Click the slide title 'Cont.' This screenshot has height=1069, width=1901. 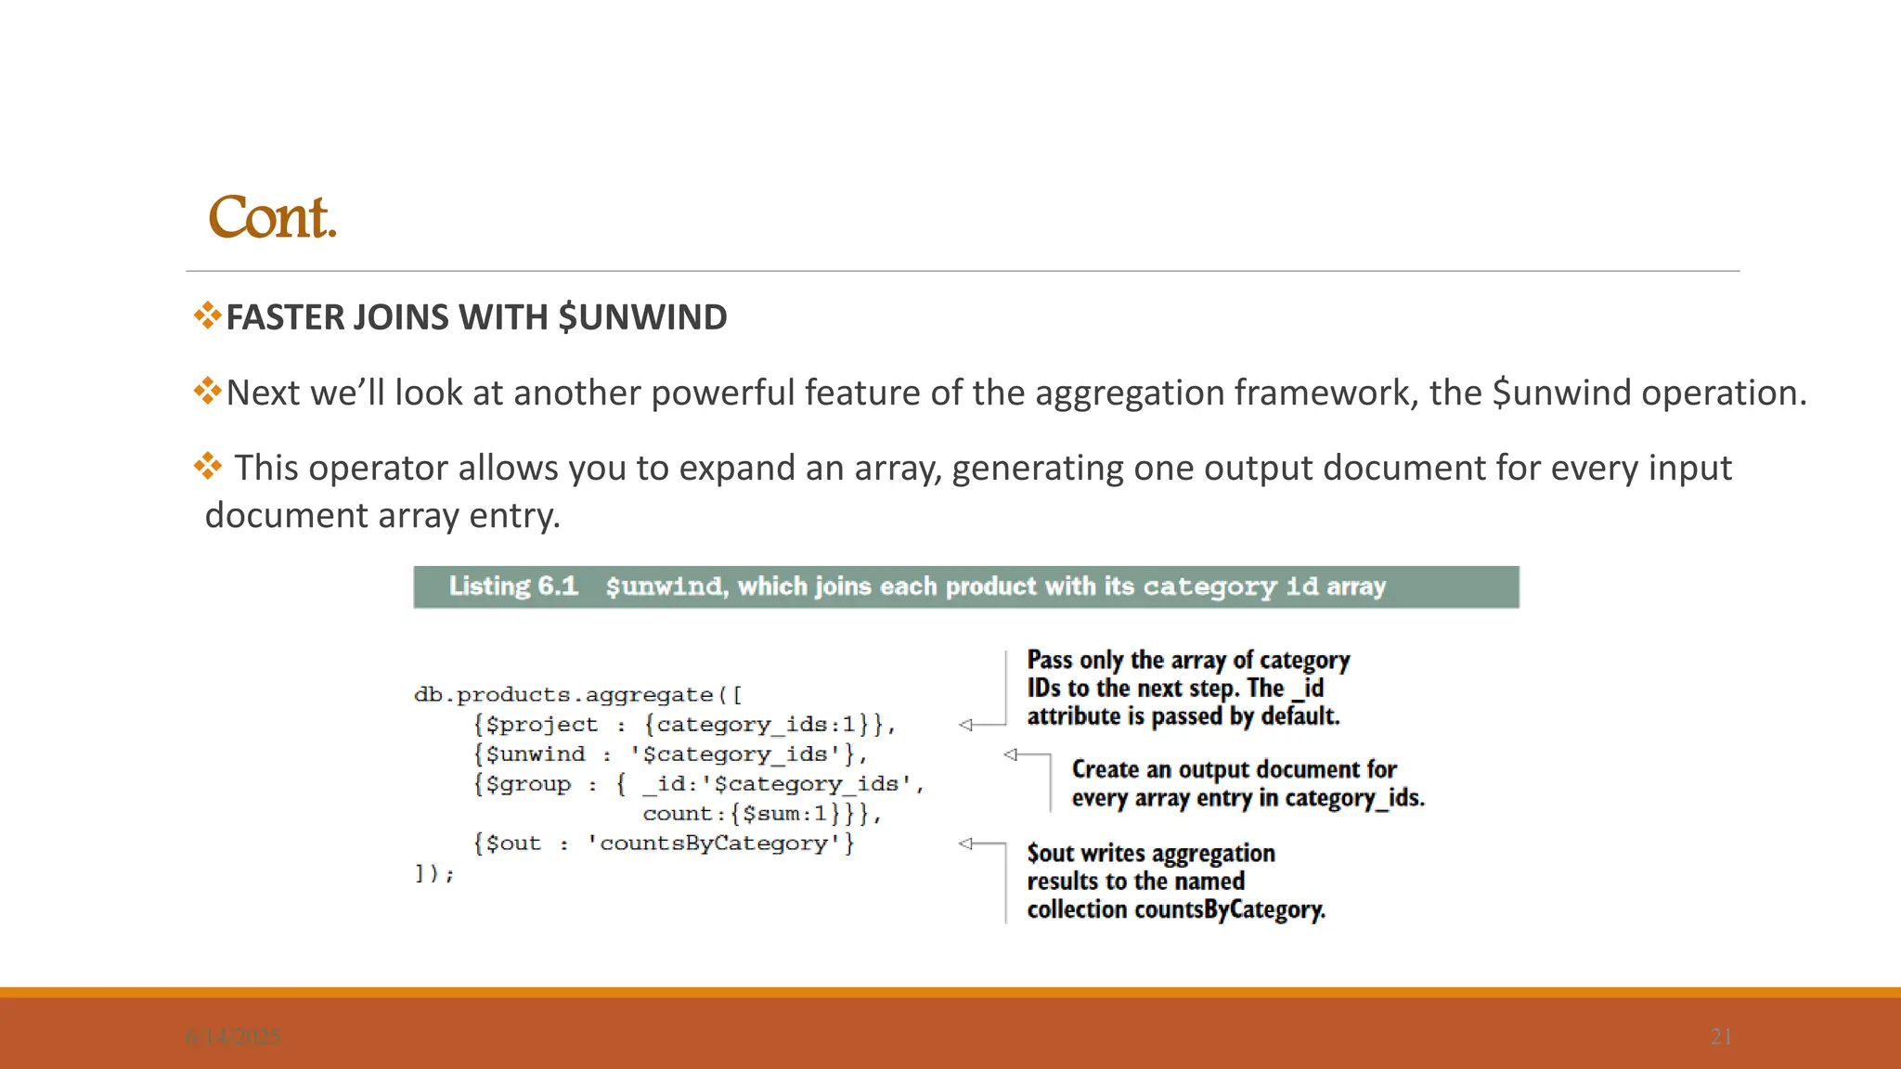click(x=272, y=218)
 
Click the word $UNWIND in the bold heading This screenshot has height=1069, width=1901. click(x=642, y=317)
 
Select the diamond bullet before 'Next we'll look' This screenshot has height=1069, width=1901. click(x=207, y=391)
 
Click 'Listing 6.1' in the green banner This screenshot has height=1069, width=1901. click(x=513, y=586)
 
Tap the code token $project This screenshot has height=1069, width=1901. click(x=542, y=725)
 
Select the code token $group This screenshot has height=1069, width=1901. click(x=528, y=784)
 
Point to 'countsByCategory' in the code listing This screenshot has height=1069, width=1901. click(x=714, y=844)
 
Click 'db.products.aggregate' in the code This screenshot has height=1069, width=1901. click(x=563, y=695)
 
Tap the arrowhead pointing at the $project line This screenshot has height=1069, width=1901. click(x=965, y=725)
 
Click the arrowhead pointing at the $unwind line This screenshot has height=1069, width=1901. click(x=1010, y=754)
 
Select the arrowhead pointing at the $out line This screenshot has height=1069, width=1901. click(x=965, y=844)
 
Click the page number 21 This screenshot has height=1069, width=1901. click(x=1721, y=1037)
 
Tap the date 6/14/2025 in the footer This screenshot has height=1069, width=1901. click(x=233, y=1037)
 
